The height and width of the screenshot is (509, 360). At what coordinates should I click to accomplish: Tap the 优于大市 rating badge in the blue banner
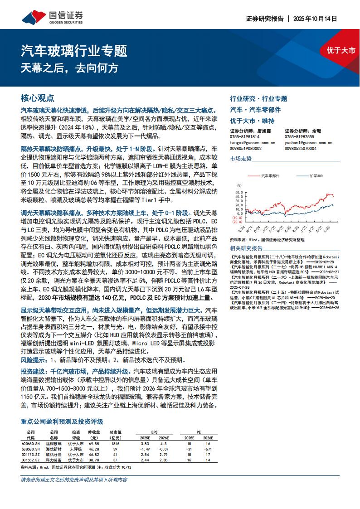pos(341,50)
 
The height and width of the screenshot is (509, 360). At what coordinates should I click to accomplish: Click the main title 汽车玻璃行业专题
pos(74,50)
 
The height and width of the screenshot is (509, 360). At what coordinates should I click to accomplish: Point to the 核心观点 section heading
pos(38,98)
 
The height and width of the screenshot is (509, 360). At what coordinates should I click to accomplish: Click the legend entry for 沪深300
pos(316,175)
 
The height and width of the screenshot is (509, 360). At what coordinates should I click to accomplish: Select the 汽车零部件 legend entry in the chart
pos(270,175)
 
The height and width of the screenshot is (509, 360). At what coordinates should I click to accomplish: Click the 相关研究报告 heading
pos(246,248)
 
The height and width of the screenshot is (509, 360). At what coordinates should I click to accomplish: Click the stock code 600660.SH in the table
pos(31,444)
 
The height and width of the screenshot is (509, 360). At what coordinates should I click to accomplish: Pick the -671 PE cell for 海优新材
pos(208,449)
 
